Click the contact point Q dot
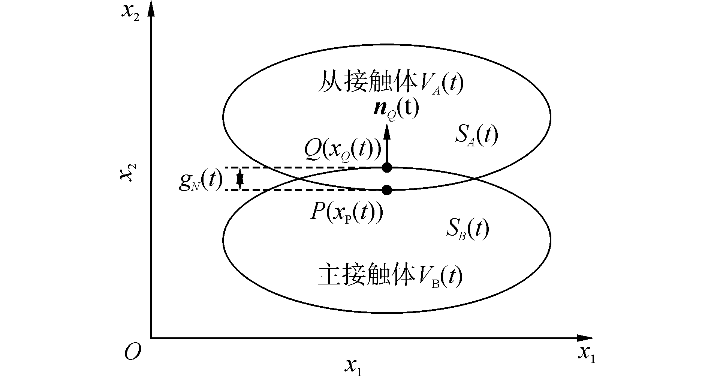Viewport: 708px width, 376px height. pyautogui.click(x=387, y=167)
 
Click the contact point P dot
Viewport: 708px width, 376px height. pyautogui.click(x=387, y=190)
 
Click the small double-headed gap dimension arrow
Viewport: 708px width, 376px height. pyautogui.click(x=240, y=179)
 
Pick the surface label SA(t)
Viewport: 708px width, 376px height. pyautogui.click(x=476, y=136)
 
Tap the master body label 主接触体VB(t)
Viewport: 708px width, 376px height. pyautogui.click(x=390, y=277)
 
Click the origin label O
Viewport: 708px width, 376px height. pyautogui.click(x=133, y=352)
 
